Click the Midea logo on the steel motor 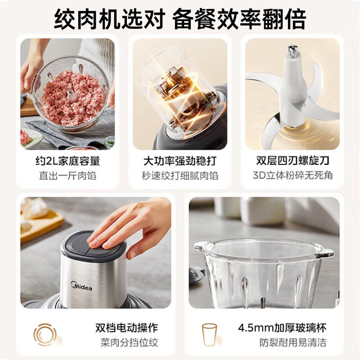(81, 286)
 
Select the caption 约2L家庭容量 (67, 161)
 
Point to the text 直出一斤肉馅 (67, 175)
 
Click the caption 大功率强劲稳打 (180, 161)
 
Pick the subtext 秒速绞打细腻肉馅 (180, 175)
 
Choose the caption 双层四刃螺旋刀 (292, 161)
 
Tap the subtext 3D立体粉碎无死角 (292, 175)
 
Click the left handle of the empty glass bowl (202, 247)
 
